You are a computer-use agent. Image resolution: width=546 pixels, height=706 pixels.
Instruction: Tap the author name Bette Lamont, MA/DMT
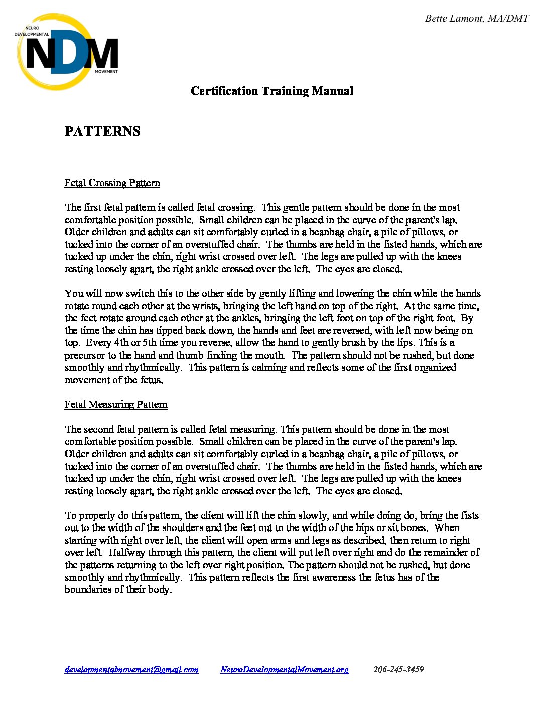(x=477, y=19)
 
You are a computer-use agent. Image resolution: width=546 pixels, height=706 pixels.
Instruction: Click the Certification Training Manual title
(x=272, y=91)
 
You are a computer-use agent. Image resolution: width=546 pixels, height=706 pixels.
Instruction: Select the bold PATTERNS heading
(x=102, y=131)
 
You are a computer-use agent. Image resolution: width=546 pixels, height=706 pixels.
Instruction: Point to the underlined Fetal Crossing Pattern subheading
(x=112, y=183)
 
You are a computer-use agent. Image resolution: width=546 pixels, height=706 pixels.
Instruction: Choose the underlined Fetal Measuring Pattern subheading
(x=116, y=404)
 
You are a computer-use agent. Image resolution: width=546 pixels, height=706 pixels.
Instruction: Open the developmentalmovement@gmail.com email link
(x=131, y=669)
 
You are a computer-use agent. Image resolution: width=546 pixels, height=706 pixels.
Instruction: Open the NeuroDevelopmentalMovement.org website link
(x=285, y=669)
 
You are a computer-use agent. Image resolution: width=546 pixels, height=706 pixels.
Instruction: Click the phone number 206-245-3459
(x=398, y=669)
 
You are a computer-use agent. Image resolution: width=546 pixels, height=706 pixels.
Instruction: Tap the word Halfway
(x=127, y=552)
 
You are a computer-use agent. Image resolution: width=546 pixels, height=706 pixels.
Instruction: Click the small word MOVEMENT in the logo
(x=106, y=71)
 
